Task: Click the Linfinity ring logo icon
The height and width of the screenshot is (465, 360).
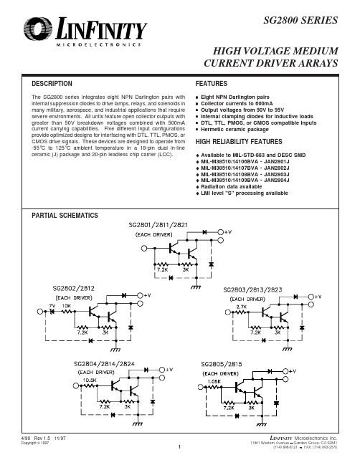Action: point(38,29)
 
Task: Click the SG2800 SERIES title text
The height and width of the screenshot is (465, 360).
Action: point(300,20)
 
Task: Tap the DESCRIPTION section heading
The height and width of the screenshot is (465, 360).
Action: point(52,84)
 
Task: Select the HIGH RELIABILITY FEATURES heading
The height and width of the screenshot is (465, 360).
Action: point(239,142)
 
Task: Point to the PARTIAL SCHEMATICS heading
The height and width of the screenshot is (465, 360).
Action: point(65,215)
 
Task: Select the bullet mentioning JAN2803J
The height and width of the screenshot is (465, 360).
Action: point(242,174)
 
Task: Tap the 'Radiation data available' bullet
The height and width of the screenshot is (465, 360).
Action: point(229,186)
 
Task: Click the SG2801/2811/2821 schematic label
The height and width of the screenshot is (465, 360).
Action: point(158,225)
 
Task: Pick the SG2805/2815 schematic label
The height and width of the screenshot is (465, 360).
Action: point(222,364)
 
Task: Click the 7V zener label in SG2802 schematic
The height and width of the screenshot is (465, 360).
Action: point(52,306)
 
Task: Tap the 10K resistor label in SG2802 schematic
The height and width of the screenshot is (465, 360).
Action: point(67,306)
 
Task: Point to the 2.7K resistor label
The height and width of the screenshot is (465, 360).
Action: point(241,307)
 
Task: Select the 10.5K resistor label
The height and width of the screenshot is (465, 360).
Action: point(90,380)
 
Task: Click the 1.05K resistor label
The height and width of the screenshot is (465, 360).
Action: point(214,381)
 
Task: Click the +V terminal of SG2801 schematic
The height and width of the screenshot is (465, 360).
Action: point(220,232)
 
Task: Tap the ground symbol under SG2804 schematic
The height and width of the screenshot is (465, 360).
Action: point(138,424)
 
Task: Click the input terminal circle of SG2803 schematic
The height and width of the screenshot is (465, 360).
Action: point(228,312)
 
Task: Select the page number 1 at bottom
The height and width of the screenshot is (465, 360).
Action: point(179,446)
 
